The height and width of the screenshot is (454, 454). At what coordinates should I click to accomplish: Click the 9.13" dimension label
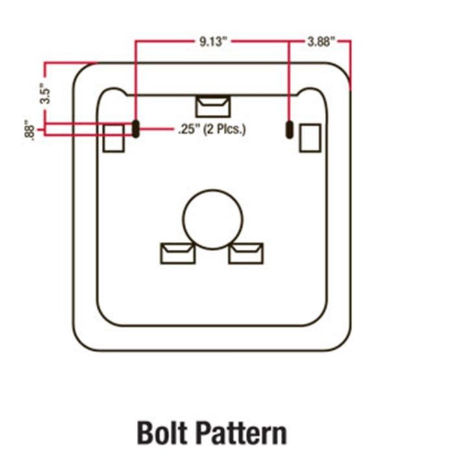tap(212, 42)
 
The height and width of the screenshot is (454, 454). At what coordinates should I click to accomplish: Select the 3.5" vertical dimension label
tap(45, 93)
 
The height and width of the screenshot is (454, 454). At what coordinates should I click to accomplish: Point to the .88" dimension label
tap(29, 130)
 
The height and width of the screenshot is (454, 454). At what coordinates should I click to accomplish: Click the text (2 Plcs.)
tap(224, 130)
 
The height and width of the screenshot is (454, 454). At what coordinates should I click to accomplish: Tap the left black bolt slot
tap(136, 129)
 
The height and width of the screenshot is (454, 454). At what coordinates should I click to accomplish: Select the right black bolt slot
tap(289, 130)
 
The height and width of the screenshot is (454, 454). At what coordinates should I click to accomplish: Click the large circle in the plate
tap(213, 219)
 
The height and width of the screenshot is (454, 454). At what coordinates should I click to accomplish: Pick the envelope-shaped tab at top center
tap(213, 106)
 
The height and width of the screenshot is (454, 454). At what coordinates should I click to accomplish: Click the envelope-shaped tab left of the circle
tap(178, 254)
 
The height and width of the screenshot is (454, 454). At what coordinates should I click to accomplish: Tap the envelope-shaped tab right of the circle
tap(246, 254)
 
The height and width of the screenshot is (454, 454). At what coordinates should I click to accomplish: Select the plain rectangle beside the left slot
tap(113, 138)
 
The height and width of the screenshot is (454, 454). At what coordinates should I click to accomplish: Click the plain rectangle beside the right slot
tap(310, 137)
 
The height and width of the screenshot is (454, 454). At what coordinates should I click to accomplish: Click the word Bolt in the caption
tap(161, 433)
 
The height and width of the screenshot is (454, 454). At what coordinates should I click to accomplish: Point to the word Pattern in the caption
tap(243, 433)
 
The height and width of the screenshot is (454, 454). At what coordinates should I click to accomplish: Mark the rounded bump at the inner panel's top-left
tap(113, 88)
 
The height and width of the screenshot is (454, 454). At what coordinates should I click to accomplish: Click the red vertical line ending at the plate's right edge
tap(351, 66)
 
